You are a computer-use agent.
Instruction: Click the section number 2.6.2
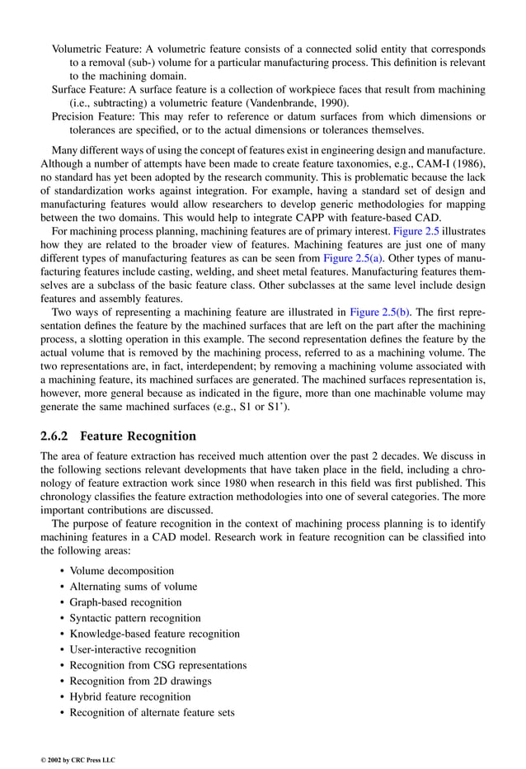click(x=56, y=436)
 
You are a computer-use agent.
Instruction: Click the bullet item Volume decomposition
click(x=121, y=570)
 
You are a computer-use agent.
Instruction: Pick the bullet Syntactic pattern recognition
click(x=134, y=617)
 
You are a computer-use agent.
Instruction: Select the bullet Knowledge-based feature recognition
click(x=154, y=634)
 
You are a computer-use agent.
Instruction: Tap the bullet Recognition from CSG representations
click(x=157, y=665)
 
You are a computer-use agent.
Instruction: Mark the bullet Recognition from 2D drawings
click(x=140, y=681)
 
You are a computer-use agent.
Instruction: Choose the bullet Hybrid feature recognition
click(x=129, y=696)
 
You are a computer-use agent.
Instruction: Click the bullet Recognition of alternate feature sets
click(x=152, y=712)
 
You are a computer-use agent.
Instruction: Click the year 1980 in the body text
click(x=223, y=484)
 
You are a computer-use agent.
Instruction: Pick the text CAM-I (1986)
click(x=450, y=164)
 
